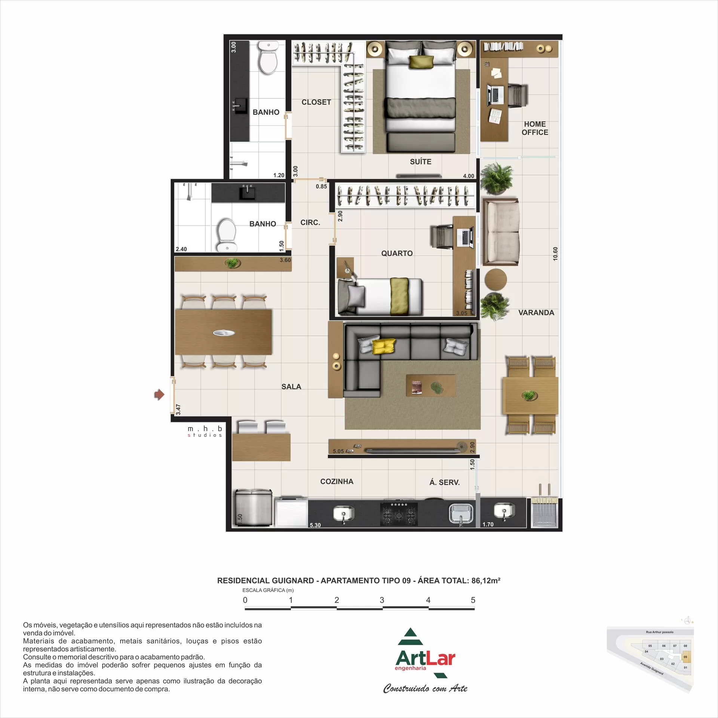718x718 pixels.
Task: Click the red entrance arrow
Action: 159,395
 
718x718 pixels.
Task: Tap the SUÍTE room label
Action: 420,162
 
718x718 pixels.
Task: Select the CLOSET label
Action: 316,102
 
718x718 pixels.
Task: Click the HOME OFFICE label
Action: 535,128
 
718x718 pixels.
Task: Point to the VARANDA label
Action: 536,313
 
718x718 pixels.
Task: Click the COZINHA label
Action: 337,481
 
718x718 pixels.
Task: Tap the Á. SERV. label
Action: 444,482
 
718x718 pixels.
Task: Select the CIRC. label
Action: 310,223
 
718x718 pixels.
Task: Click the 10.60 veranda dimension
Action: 555,254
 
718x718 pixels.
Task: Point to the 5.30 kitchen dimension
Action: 315,525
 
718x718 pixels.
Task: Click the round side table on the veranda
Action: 495,279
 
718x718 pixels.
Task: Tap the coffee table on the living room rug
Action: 431,386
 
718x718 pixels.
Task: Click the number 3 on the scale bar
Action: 382,600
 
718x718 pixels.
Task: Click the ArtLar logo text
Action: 425,658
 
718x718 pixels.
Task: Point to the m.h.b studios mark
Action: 205,431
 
